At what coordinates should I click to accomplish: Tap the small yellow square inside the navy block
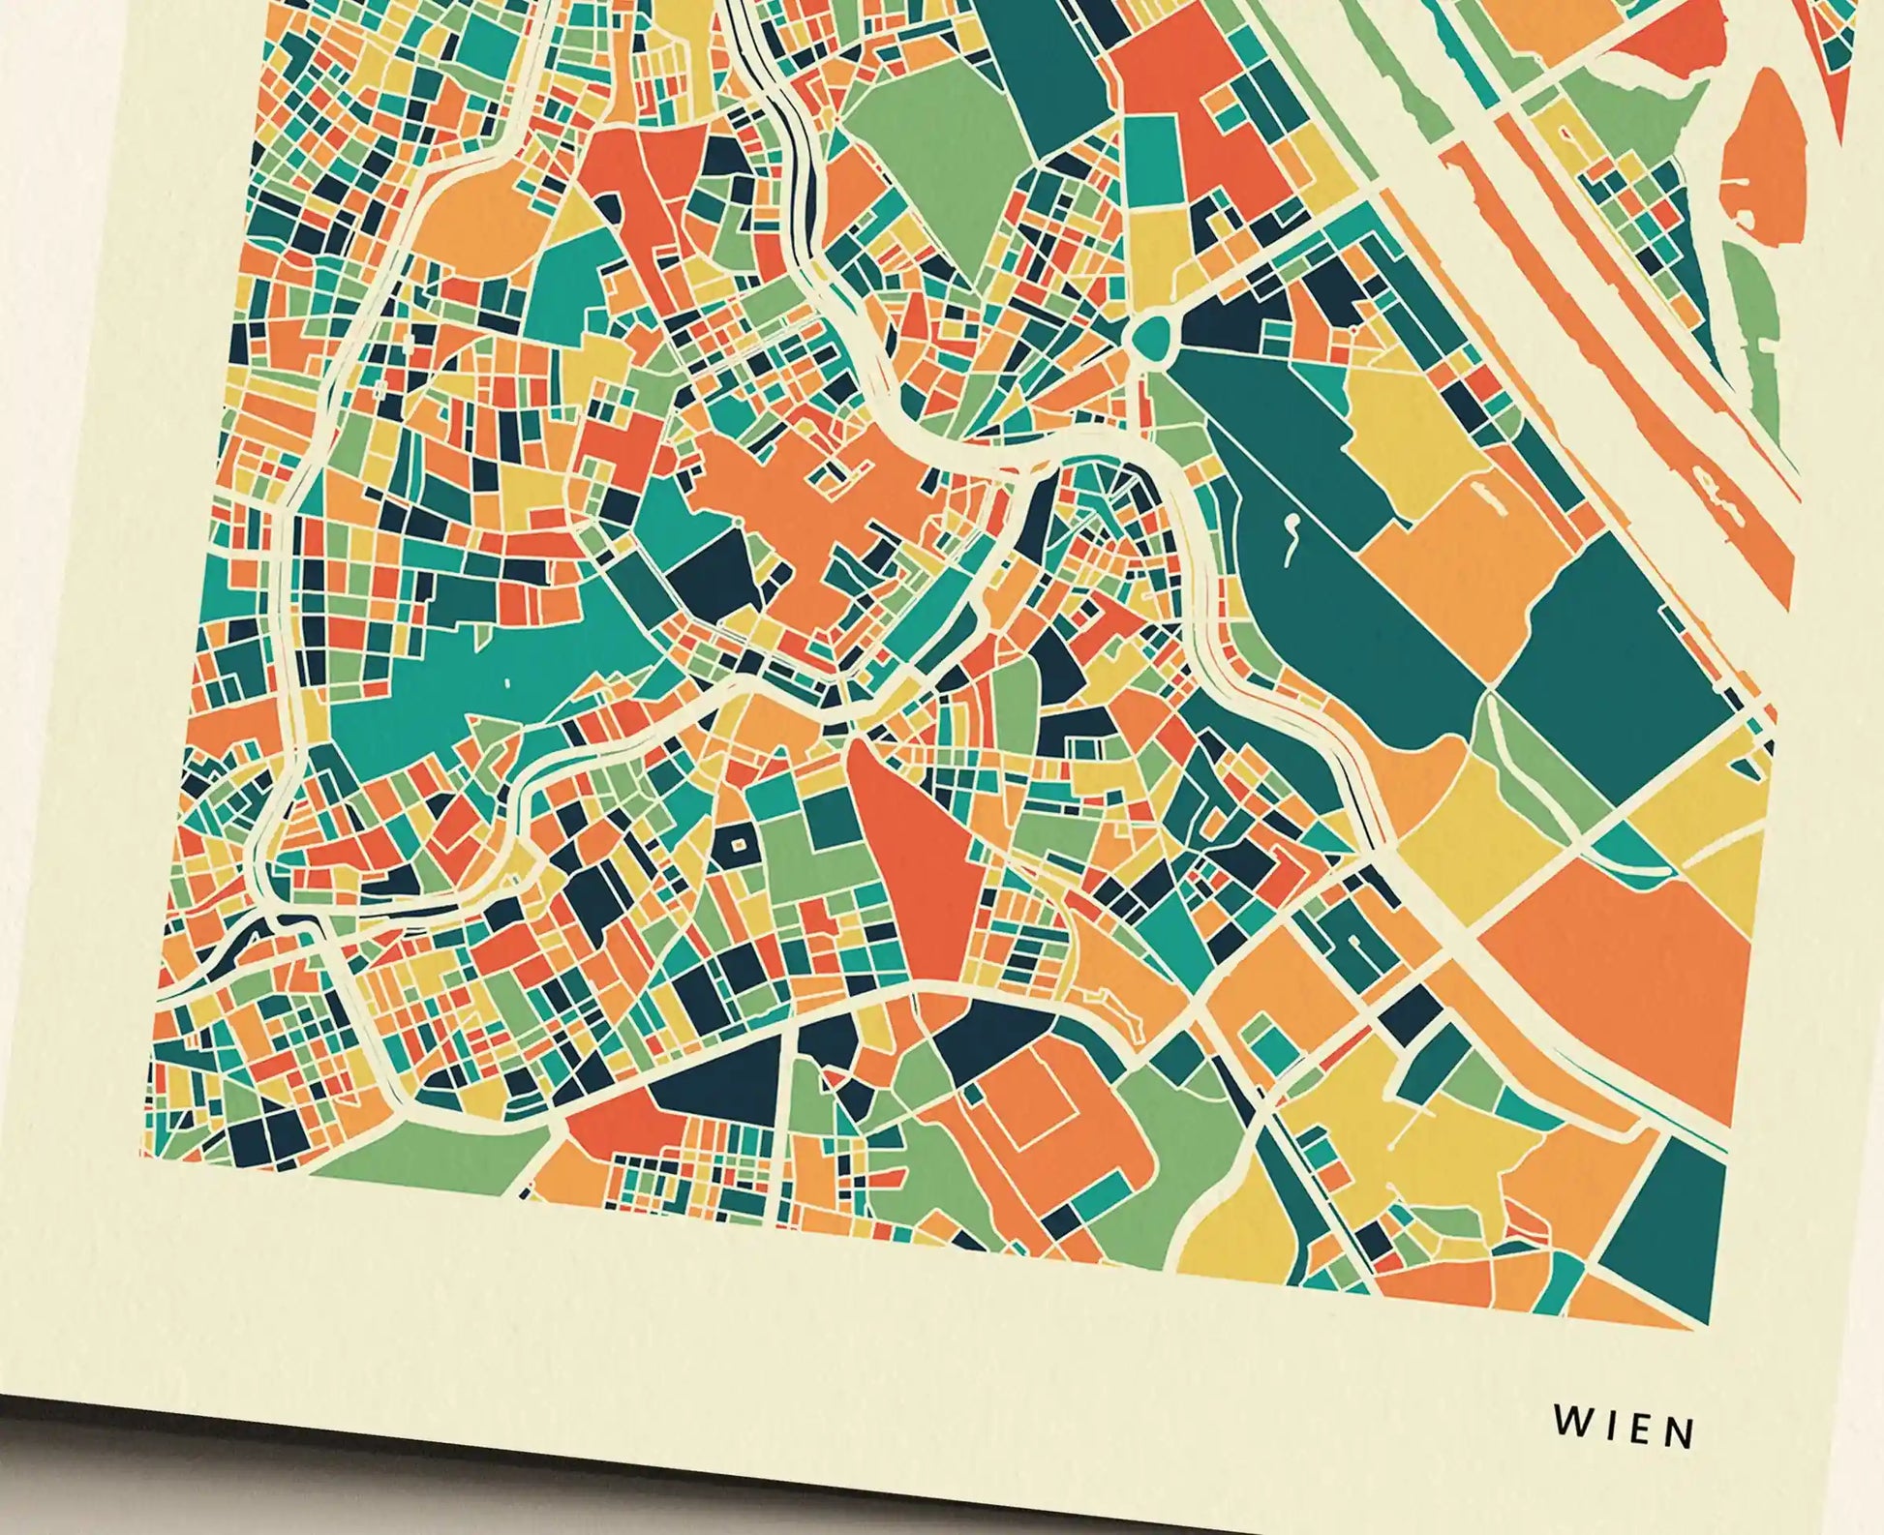click(739, 845)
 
